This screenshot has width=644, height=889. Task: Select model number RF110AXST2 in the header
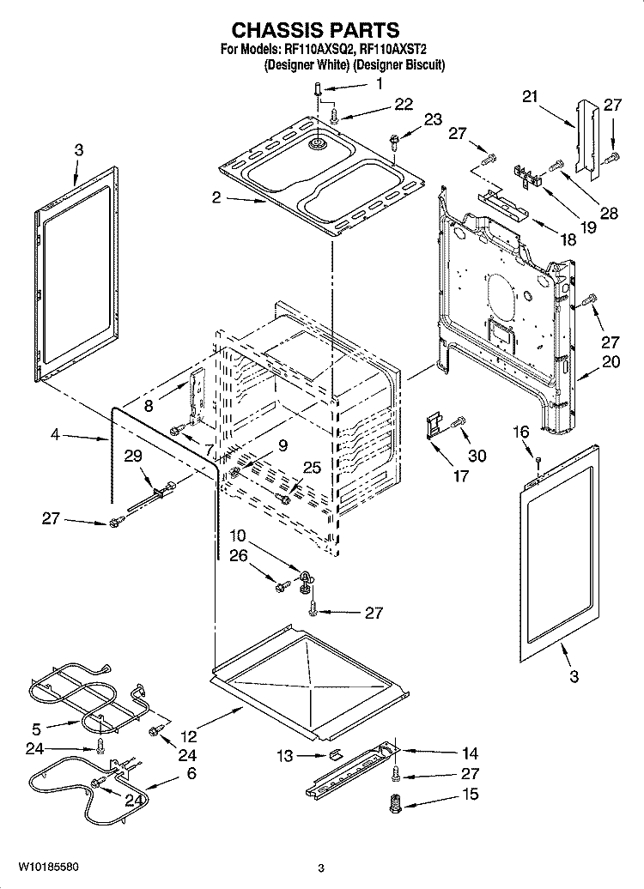pos(401,50)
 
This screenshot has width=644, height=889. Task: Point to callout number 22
pos(403,105)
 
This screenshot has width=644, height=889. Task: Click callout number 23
pos(433,119)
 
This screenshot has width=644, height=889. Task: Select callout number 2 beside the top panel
pos(216,197)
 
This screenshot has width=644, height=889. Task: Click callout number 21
pos(529,97)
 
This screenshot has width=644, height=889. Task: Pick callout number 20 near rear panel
pos(610,362)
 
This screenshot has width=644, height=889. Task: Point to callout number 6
pos(191,773)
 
